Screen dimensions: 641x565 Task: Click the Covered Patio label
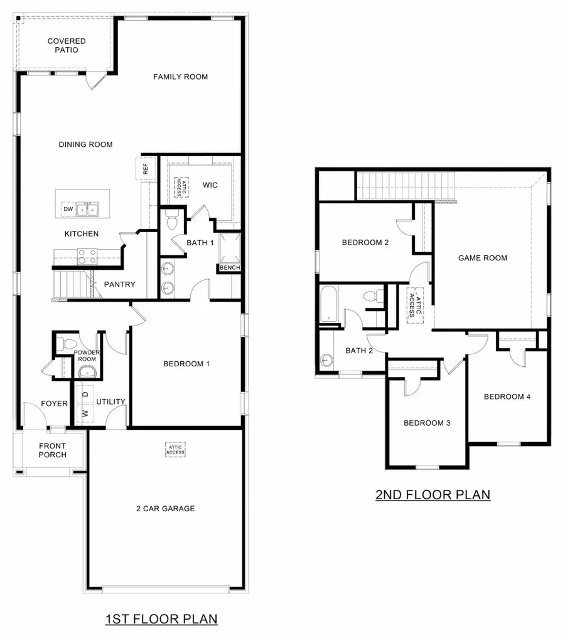pyautogui.click(x=67, y=45)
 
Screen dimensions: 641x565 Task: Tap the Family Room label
pyautogui.click(x=180, y=77)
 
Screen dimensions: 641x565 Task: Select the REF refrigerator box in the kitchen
pyautogui.click(x=145, y=169)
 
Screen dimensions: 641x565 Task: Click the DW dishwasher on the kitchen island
pyautogui.click(x=67, y=209)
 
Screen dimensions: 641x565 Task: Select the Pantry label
pyautogui.click(x=119, y=284)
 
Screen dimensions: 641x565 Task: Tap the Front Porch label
pyautogui.click(x=52, y=450)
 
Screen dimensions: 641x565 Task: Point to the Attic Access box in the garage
pyautogui.click(x=175, y=449)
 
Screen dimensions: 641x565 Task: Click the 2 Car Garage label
pyautogui.click(x=165, y=508)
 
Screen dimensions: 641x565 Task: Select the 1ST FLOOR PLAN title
pyautogui.click(x=161, y=619)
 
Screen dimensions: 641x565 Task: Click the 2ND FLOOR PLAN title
pyautogui.click(x=433, y=494)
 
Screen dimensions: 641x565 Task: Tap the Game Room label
pyautogui.click(x=482, y=258)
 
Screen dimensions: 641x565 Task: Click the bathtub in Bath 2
pyautogui.click(x=328, y=305)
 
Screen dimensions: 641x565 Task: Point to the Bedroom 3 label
pyautogui.click(x=427, y=423)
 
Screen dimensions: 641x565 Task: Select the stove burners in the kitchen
pyautogui.click(x=87, y=256)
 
